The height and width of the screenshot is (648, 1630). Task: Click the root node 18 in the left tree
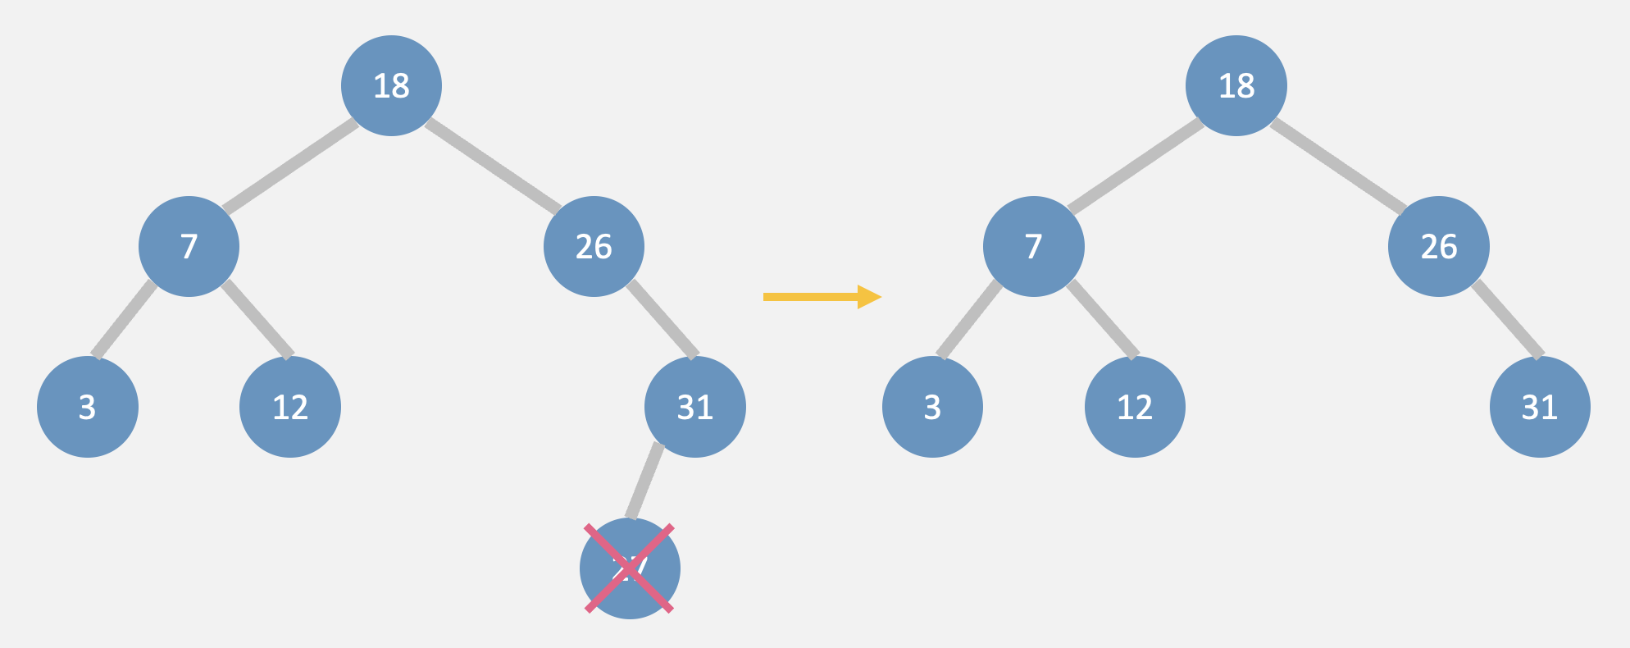coord(391,85)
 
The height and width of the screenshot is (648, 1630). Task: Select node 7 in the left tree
coord(189,246)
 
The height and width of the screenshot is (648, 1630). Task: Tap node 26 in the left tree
coord(594,246)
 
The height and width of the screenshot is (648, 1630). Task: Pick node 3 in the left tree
coord(88,407)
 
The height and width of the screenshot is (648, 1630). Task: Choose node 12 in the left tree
coord(290,407)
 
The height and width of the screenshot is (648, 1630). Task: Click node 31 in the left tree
coord(695,407)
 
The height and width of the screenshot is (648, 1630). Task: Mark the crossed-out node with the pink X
coord(630,568)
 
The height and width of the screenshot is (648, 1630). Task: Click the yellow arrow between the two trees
coord(821,297)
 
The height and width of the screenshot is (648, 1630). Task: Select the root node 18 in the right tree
coord(1236,85)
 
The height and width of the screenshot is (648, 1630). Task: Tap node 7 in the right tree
coord(1033,246)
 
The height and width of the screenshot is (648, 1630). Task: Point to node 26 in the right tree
coord(1439,246)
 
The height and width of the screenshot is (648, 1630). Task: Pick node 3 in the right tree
coord(932,407)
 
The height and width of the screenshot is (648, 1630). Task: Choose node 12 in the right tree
coord(1135,407)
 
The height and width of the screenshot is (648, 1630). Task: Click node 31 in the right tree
coord(1540,407)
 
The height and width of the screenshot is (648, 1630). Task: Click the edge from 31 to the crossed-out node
coord(645,481)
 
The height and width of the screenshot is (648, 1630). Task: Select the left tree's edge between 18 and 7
coord(290,166)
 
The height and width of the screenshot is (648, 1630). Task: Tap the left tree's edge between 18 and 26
coord(493,166)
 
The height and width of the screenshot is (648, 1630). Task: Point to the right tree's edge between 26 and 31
coord(1508,320)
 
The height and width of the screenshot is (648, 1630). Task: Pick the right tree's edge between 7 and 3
coord(969,320)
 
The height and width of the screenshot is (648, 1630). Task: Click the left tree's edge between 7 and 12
coord(257,319)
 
